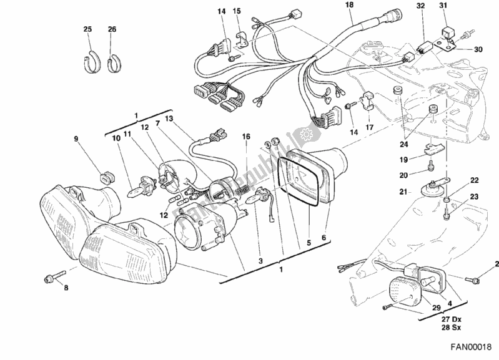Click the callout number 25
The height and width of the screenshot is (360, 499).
[87, 29]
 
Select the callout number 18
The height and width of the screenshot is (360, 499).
[348, 5]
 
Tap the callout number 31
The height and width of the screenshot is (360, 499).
[461, 6]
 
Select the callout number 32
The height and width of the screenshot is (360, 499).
[420, 6]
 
